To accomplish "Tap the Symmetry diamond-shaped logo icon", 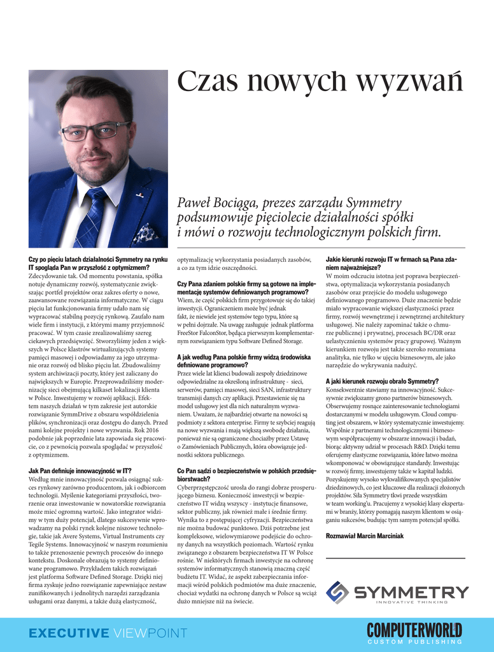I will [337, 592].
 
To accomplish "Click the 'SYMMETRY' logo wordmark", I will [411, 592].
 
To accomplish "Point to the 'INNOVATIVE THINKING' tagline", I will [411, 602].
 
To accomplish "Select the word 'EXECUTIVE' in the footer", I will [69, 633].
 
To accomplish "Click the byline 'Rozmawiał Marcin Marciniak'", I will [365, 536].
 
